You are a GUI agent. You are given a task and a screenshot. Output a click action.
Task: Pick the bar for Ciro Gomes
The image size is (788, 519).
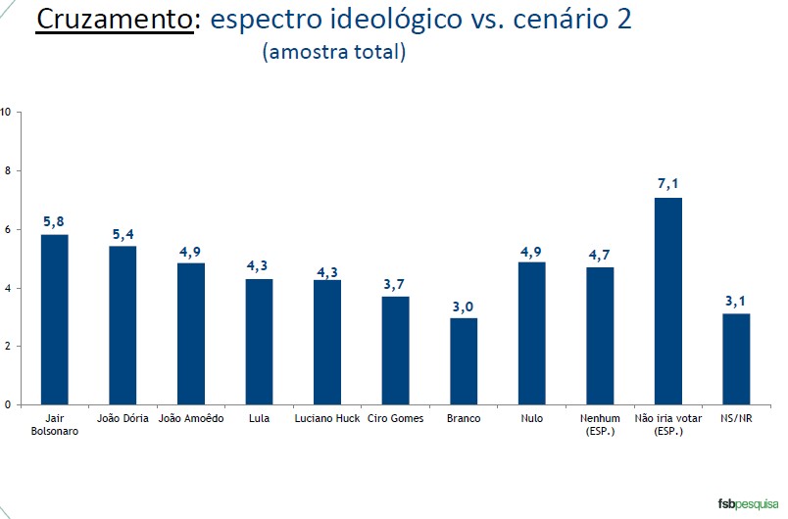pos(395,350)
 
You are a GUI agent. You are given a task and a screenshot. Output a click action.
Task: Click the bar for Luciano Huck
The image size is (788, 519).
pos(326,342)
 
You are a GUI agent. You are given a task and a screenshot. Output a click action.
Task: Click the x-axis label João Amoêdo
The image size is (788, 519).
pos(191,419)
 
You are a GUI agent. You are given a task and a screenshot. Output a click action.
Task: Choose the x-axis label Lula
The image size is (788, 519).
pos(259,419)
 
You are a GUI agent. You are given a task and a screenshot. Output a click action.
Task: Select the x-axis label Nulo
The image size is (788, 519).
pos(531,419)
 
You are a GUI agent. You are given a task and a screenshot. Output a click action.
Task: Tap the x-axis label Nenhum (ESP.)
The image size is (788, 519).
pos(600,424)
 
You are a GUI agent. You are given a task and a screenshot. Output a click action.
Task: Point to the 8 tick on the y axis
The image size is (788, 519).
pos(6,170)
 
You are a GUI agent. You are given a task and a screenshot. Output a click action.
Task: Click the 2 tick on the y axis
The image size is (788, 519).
pos(6,346)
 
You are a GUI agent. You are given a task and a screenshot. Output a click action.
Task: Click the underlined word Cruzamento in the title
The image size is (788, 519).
pos(114,20)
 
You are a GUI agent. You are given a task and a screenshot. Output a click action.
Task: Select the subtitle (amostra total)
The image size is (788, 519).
pos(333,53)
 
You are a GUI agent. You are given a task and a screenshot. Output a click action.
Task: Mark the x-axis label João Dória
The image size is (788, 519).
pos(123,419)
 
